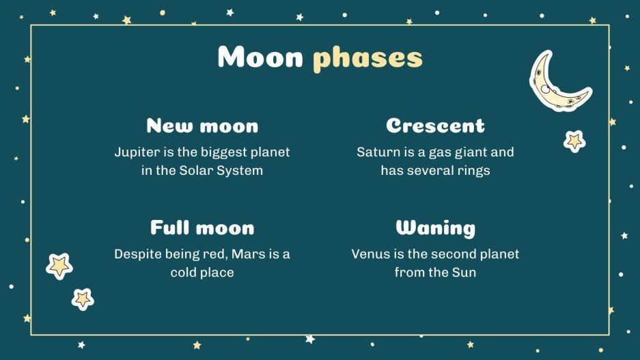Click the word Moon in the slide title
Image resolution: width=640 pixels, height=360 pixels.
pyautogui.click(x=260, y=58)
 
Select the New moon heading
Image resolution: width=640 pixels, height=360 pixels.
pyautogui.click(x=202, y=126)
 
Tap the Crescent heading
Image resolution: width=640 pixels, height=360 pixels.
pyautogui.click(x=435, y=126)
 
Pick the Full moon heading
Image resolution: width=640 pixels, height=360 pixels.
pyautogui.click(x=202, y=227)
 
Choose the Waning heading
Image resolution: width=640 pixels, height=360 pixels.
pyautogui.click(x=435, y=227)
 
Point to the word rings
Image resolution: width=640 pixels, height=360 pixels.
pyautogui.click(x=471, y=171)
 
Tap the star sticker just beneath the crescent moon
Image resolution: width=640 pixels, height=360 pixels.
pyautogui.click(x=574, y=141)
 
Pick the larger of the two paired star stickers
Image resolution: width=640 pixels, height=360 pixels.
pyautogui.click(x=59, y=265)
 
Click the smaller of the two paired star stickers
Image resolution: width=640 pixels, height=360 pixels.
pyautogui.click(x=83, y=298)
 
